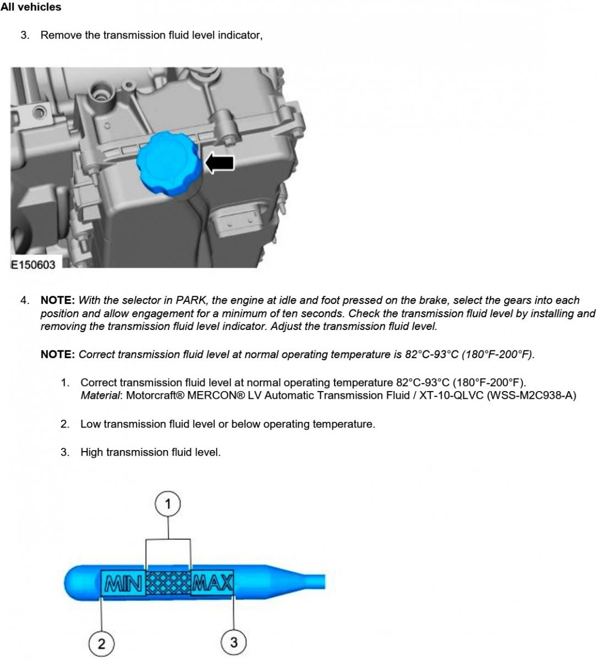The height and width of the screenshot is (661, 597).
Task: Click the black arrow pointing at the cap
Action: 220,163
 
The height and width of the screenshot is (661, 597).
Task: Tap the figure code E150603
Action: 34,264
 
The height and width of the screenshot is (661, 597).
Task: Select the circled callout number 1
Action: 168,504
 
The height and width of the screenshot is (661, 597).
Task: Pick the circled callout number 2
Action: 102,643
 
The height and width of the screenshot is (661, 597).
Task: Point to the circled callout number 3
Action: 234,642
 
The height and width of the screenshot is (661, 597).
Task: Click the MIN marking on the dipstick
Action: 123,583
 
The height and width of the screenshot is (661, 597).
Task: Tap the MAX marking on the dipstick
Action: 212,583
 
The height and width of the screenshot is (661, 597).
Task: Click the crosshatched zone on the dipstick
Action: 168,583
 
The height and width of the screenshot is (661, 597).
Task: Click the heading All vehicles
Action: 31,7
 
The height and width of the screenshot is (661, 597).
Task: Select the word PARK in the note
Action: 191,300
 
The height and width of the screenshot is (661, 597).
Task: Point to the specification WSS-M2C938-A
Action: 532,395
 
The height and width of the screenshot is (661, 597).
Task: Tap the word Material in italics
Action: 100,395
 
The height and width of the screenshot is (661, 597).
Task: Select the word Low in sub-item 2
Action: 90,424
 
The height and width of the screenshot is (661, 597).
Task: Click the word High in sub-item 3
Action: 92,452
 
